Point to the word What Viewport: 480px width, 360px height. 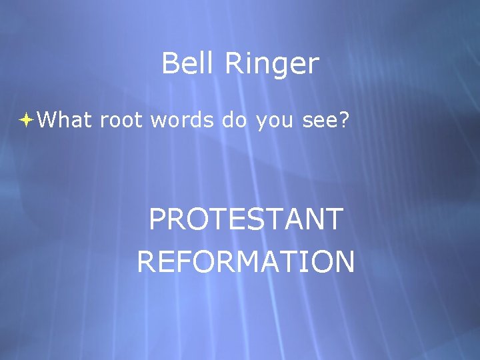65,120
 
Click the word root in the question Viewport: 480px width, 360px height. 122,121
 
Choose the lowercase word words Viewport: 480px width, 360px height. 182,120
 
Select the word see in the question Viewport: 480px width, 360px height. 317,121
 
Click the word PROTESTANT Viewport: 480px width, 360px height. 246,219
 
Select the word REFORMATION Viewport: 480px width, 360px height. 246,261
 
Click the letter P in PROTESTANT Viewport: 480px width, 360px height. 157,219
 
